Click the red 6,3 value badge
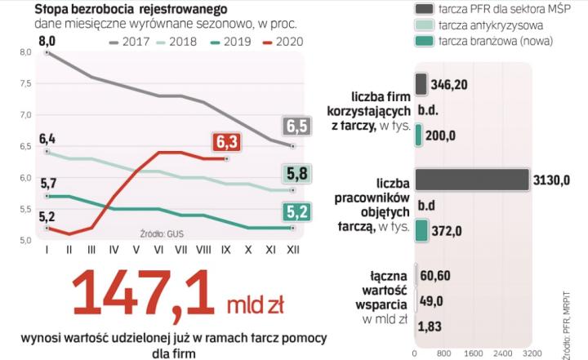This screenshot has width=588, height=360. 227,143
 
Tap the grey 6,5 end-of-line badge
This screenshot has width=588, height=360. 297,127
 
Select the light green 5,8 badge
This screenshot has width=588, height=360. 297,174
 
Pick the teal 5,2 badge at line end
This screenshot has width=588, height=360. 297,213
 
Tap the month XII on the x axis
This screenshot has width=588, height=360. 292,249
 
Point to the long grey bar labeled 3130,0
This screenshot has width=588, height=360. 472,179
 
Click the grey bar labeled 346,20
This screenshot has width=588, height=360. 421,84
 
